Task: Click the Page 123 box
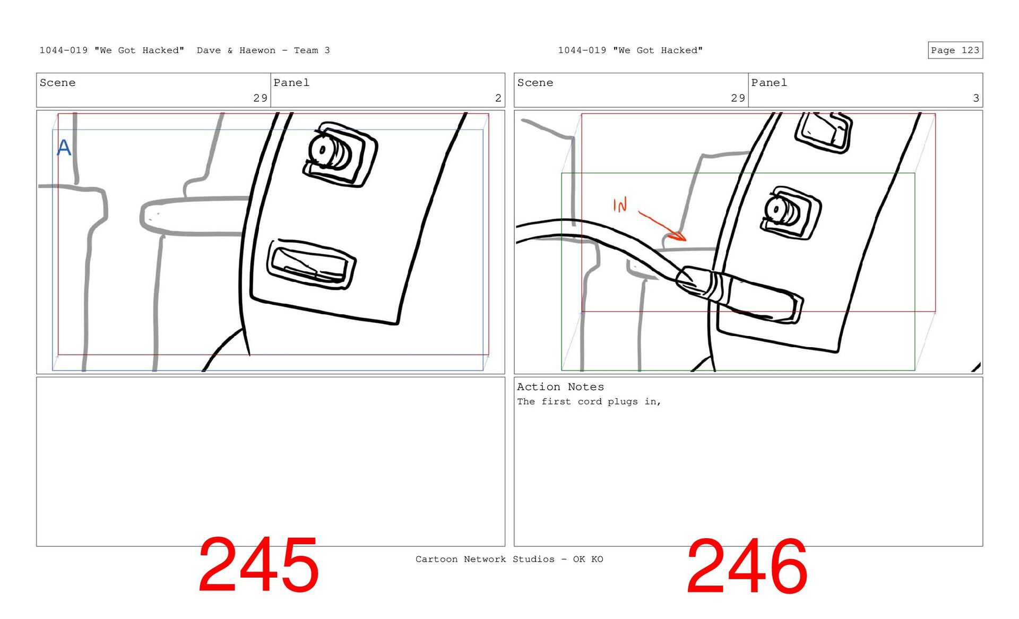955,50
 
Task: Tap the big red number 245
258,565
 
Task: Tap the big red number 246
747,566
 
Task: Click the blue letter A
64,147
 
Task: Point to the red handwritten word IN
620,204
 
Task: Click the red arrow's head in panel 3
678,235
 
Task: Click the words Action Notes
560,387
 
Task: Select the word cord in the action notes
590,402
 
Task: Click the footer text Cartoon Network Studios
485,559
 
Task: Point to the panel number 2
498,98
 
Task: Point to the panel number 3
975,98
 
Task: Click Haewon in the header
257,50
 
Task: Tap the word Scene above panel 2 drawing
57,83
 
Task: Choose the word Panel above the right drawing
769,83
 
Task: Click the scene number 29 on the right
738,98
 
